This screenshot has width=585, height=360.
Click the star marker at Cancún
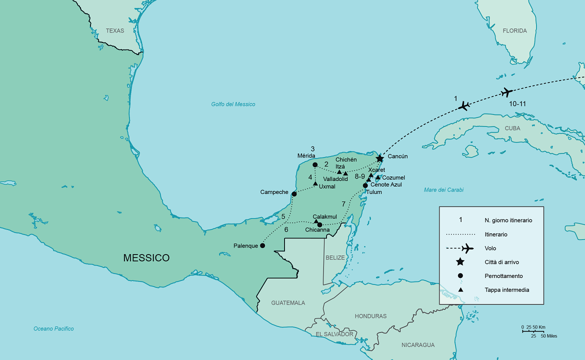pos(379,158)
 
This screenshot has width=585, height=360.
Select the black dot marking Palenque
pos(262,245)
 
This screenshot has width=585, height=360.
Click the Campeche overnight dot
pos(294,194)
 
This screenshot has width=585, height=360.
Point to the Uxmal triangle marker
pos(315,183)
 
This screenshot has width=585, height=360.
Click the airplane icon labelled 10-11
pos(507,92)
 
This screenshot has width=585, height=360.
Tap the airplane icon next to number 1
pos(464,105)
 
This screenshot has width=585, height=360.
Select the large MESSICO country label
pos(146,258)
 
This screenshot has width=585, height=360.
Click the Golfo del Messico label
pos(233,104)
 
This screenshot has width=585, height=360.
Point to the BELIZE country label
pos(335,257)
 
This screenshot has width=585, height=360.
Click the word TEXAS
pos(115,31)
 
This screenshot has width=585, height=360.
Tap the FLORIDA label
pos(514,31)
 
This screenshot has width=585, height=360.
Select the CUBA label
pos(512,128)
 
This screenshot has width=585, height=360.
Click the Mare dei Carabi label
pos(443,190)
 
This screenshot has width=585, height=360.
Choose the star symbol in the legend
pos(460,262)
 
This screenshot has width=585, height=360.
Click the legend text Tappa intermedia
pos(506,290)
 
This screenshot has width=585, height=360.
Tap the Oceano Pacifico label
pos(53,328)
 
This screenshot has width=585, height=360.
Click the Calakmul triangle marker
pos(315,221)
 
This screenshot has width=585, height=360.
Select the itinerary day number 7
pos(343,203)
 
